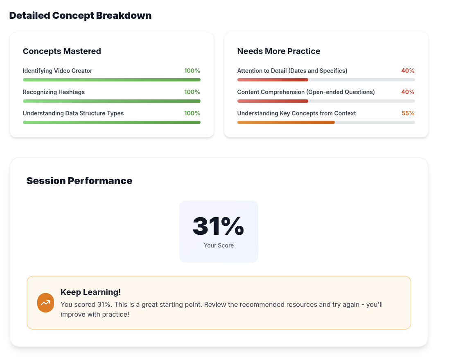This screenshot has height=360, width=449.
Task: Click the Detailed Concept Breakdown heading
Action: tap(80, 16)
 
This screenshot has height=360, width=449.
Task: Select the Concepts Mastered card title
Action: tap(62, 51)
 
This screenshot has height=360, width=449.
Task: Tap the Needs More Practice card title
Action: tap(278, 51)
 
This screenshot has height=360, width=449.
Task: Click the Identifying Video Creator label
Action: tap(57, 71)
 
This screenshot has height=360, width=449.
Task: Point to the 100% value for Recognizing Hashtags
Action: tap(192, 92)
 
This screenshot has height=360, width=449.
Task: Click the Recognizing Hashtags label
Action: tap(54, 92)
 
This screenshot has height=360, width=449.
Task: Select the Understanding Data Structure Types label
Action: tap(73, 113)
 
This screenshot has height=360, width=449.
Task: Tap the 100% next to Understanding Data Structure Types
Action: tap(192, 113)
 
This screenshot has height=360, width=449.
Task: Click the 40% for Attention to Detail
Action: tap(408, 71)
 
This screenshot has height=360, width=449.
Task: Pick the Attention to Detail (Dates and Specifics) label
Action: tap(292, 71)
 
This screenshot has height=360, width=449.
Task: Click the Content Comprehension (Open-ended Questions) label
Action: tap(306, 92)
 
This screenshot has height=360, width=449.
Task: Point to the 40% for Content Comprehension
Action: tap(408, 92)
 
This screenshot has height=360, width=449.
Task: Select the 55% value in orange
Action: tap(408, 113)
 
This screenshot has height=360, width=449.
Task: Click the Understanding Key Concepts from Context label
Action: tap(296, 113)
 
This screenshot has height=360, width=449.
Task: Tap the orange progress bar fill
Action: tap(286, 122)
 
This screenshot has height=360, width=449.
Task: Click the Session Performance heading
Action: tap(79, 181)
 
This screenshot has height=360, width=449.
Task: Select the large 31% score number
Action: tap(218, 226)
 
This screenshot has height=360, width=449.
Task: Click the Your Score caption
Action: tap(219, 245)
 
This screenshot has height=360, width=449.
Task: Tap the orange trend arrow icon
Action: tap(45, 303)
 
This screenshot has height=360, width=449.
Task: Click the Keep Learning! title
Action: tap(90, 292)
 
